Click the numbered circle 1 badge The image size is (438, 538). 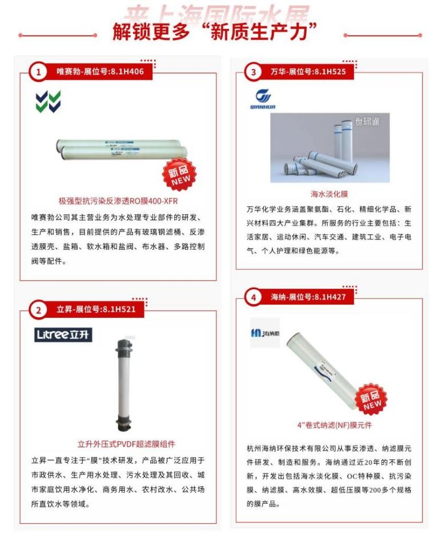(38, 72)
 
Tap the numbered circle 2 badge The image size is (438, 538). (38, 310)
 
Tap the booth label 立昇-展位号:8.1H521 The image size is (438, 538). (99, 310)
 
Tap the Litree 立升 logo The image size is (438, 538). (63, 335)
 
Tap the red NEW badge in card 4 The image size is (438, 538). (372, 400)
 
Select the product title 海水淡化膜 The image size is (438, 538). (329, 194)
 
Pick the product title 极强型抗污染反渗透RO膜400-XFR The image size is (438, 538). (118, 201)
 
